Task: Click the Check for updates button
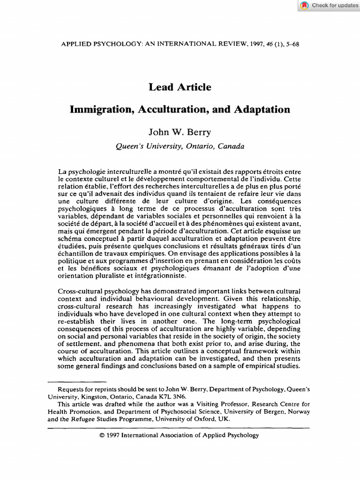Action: click(x=335, y=5)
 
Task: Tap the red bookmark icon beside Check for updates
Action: click(x=305, y=6)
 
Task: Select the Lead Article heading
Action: click(x=180, y=87)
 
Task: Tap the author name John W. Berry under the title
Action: click(x=180, y=133)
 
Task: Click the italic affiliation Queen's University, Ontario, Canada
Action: click(x=180, y=146)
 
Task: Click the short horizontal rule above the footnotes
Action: click(x=77, y=382)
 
